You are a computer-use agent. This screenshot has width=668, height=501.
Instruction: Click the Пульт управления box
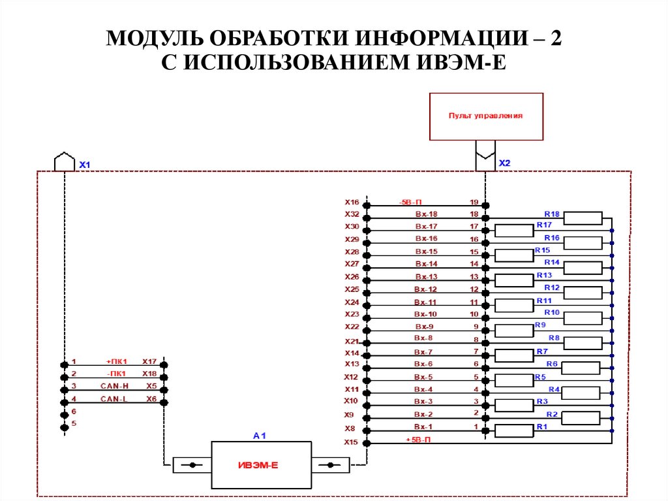pyautogui.click(x=486, y=116)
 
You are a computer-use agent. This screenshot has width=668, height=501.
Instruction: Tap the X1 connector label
pyautogui.click(x=85, y=165)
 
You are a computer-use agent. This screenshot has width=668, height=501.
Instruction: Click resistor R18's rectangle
pyautogui.click(x=583, y=218)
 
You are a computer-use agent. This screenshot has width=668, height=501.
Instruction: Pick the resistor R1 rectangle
pyautogui.click(x=514, y=430)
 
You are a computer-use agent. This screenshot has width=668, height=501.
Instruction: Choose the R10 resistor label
pyautogui.click(x=552, y=313)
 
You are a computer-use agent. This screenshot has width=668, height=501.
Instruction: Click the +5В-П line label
pyautogui.click(x=418, y=440)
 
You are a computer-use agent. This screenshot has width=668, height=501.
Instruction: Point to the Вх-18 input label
pyautogui.click(x=426, y=214)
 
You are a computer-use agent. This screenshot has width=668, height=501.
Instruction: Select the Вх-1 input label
pyautogui.click(x=424, y=427)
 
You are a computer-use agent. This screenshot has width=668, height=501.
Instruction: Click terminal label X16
pyautogui.click(x=352, y=202)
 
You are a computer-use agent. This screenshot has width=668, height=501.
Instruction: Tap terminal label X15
pyautogui.click(x=352, y=442)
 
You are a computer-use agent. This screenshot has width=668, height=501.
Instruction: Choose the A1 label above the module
pyautogui.click(x=260, y=435)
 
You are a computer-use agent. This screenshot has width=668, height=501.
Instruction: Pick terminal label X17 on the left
pyautogui.click(x=149, y=362)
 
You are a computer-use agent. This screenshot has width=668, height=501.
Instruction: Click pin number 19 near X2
pyautogui.click(x=474, y=202)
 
